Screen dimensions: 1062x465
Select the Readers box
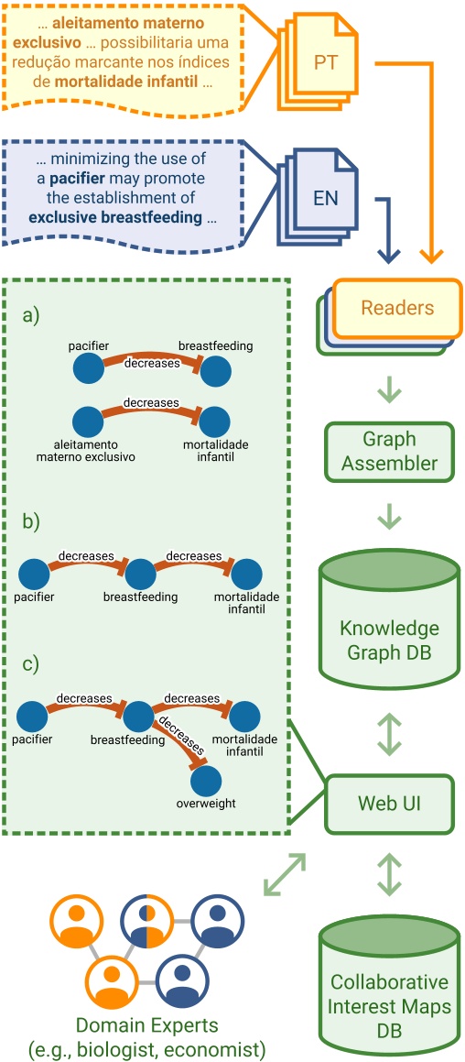397,308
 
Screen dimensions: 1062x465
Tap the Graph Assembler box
390,452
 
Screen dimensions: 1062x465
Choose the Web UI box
390,804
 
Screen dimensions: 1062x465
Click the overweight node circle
206,781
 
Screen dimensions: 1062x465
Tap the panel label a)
32,316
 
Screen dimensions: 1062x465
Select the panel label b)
32,522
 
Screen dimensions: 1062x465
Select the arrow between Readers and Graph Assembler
390,389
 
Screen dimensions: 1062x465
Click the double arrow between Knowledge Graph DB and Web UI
390,732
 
